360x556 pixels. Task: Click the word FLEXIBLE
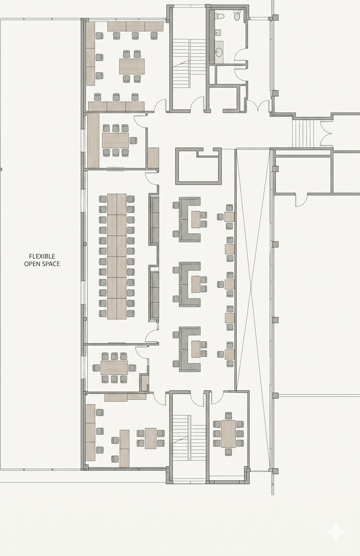(42, 256)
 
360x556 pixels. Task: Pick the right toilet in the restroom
(237, 16)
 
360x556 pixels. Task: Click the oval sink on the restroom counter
(219, 51)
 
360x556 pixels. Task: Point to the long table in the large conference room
(117, 257)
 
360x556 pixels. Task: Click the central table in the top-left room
(132, 66)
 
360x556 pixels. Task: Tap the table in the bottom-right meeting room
(228, 434)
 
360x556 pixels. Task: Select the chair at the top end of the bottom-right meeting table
(228, 416)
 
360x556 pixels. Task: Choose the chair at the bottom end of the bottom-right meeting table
(228, 452)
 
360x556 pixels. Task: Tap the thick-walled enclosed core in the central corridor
(198, 166)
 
